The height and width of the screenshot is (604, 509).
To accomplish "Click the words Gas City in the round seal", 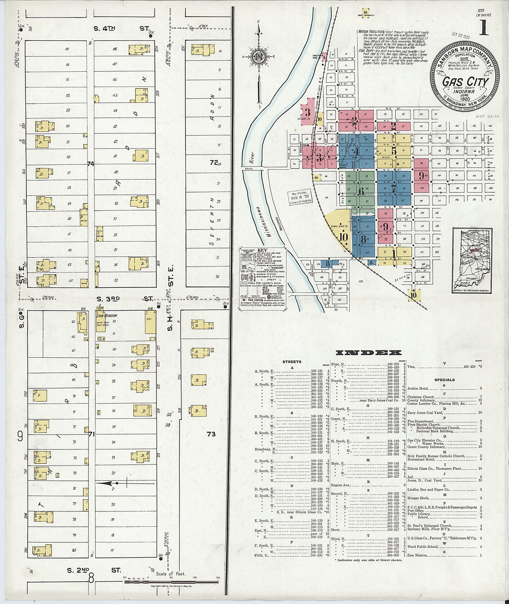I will point(465,82).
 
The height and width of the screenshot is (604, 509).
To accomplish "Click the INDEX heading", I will point(368,353).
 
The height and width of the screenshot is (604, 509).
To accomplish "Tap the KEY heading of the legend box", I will point(262,250).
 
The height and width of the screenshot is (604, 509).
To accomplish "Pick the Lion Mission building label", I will point(107,315).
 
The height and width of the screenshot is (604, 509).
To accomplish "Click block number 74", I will point(90,163).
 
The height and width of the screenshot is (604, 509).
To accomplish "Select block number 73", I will point(211,434).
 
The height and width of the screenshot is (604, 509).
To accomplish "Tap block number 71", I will point(92,434).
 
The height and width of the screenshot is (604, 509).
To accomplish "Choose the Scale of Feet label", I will point(171,574).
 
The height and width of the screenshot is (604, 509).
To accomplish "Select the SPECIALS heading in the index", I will point(444,380).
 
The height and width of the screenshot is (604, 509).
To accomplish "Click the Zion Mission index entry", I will point(417,555).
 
